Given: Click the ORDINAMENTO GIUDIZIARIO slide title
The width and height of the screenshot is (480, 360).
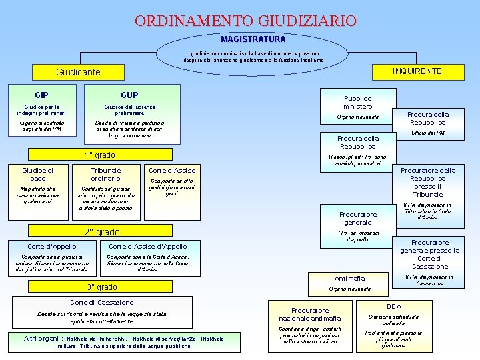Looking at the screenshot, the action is (x=245, y=21).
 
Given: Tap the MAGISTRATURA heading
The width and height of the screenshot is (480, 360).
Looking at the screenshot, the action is (x=253, y=39).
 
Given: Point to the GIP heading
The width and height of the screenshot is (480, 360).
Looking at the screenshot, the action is (x=41, y=95).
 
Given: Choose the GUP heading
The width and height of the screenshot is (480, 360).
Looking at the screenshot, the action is (x=129, y=95).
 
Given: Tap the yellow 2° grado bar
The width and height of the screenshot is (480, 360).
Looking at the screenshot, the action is (x=102, y=232).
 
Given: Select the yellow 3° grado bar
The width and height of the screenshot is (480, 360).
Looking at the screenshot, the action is (x=102, y=287).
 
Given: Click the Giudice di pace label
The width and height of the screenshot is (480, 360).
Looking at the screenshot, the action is (x=38, y=174).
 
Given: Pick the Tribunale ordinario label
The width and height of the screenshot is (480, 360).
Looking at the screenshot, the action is (x=105, y=174).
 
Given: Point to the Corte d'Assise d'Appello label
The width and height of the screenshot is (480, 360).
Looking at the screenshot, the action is (x=147, y=246).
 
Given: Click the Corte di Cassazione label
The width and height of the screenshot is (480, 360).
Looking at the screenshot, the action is (x=102, y=302).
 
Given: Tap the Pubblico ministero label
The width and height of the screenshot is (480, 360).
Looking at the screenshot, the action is (x=358, y=102).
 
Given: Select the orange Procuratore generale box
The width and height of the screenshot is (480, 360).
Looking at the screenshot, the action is (x=358, y=218).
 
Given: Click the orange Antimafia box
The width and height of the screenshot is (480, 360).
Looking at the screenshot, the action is (x=349, y=277).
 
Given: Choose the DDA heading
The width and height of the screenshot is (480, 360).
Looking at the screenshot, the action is (x=394, y=305).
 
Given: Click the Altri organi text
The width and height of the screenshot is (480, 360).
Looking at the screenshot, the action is (x=41, y=339).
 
